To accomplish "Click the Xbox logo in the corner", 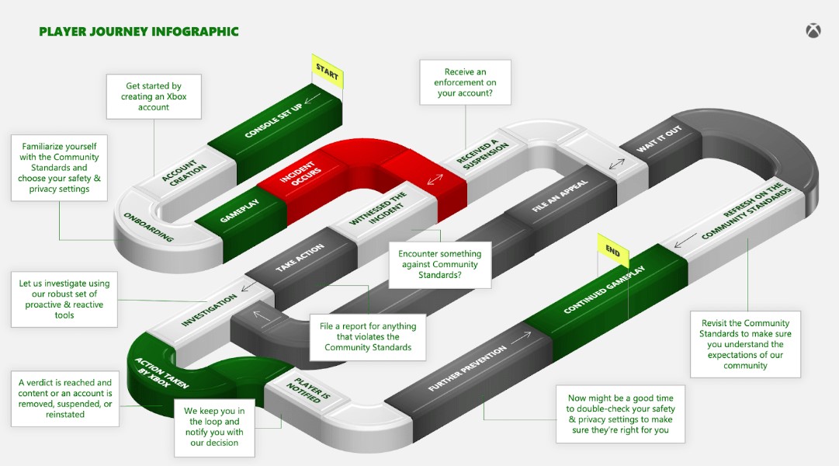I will (x=813, y=31).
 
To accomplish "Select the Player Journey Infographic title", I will (x=139, y=32).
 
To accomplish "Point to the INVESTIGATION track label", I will (x=209, y=310).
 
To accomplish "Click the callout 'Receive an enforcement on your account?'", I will (x=466, y=82).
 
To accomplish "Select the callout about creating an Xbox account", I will (x=154, y=97).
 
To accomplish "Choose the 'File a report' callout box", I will (x=368, y=337).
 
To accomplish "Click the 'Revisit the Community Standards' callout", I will (x=745, y=344).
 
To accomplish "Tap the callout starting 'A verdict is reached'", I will (x=65, y=398).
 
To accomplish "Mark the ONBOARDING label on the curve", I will (x=147, y=227).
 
